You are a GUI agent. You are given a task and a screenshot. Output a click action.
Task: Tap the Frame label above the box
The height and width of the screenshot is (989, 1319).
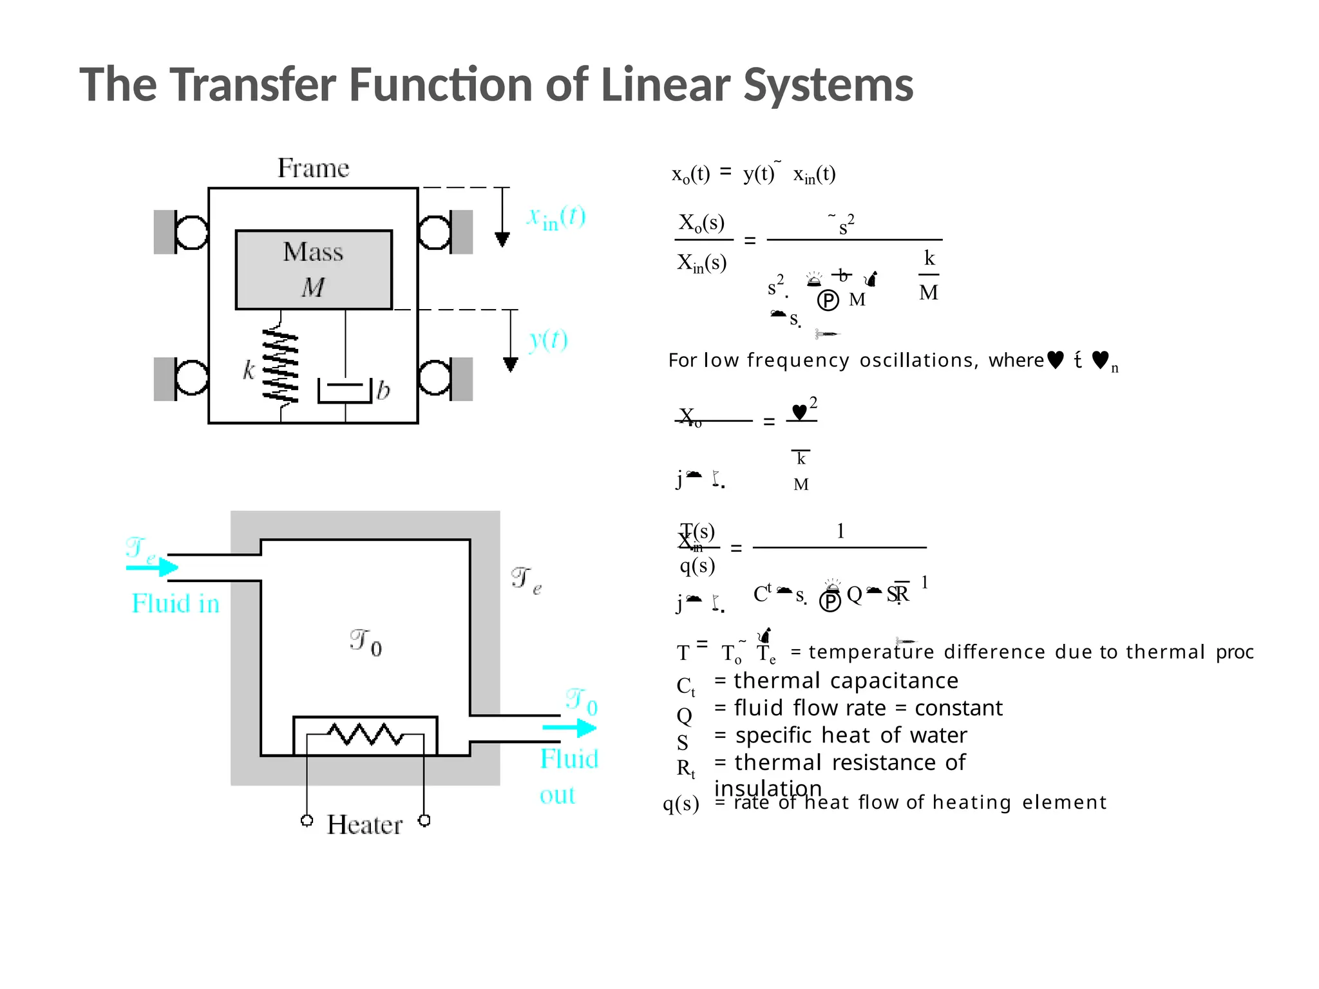click(313, 168)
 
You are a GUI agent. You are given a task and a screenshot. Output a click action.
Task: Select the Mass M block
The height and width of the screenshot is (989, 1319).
click(314, 270)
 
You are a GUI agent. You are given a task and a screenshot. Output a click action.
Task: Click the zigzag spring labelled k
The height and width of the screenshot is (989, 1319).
click(280, 365)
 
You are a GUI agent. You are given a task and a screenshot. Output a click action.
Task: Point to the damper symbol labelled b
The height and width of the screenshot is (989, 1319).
click(345, 391)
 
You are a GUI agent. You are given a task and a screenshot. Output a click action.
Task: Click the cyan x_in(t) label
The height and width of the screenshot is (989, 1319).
click(556, 218)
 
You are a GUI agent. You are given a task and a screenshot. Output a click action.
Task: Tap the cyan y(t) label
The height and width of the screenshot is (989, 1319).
click(548, 339)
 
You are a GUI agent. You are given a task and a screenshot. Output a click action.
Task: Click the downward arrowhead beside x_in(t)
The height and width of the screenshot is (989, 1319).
click(502, 240)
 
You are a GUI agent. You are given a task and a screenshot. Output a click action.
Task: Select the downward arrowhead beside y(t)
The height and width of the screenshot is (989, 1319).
click(511, 364)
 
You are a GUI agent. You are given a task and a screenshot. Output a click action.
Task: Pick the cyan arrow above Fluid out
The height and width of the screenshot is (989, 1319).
click(569, 728)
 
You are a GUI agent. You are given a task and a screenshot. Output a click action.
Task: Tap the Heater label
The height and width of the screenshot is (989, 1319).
click(365, 825)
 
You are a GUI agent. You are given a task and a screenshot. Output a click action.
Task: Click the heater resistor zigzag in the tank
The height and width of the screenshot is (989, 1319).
click(365, 734)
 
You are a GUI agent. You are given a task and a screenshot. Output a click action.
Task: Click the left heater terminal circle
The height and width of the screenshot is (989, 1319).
click(307, 820)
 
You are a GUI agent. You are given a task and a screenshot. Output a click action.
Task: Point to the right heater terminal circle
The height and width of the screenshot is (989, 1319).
click(424, 820)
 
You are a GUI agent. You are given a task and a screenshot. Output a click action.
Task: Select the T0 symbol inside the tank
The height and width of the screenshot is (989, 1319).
click(366, 643)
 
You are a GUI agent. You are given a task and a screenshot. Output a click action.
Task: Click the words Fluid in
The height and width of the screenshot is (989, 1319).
click(175, 604)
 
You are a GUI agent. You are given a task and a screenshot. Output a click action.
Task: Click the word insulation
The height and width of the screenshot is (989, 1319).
click(768, 788)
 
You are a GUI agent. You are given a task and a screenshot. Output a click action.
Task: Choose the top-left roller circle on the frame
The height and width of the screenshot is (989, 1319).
click(191, 232)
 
